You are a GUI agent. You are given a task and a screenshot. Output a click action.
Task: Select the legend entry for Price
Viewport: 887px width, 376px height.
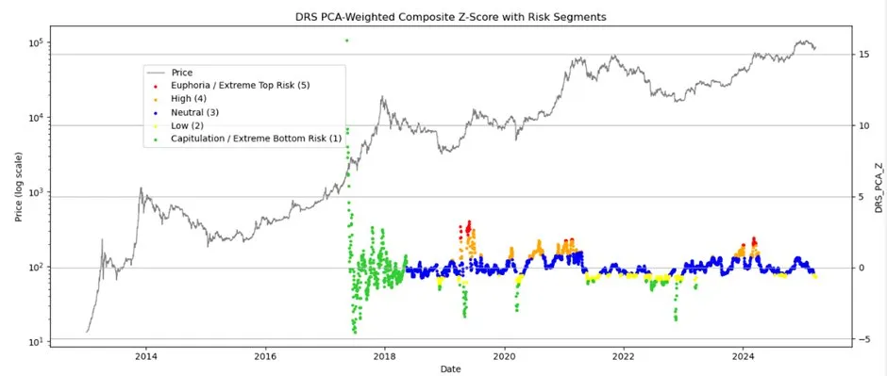click(182, 73)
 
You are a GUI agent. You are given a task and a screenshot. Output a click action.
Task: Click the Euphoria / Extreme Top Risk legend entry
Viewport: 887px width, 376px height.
click(240, 86)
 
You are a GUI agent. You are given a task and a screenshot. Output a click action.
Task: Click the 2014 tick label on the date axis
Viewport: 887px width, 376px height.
click(145, 356)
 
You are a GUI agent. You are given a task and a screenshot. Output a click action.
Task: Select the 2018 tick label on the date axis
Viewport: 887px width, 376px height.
click(385, 356)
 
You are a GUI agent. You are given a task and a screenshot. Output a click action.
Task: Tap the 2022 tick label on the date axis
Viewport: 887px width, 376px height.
click(624, 356)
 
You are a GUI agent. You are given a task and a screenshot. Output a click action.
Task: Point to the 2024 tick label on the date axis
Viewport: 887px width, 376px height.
click(744, 356)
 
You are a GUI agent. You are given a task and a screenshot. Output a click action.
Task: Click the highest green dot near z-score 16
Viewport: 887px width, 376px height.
click(346, 41)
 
